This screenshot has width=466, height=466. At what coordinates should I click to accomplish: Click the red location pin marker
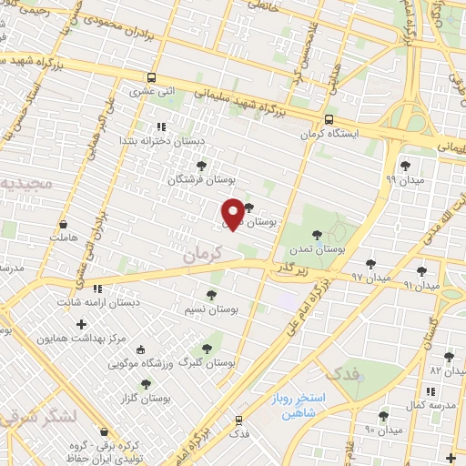coord(232,213)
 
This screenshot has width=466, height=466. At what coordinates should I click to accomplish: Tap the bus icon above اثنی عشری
coord(150,77)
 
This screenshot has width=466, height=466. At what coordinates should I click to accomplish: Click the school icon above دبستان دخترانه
coord(160,127)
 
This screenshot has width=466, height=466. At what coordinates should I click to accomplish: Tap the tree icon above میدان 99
coord(405,166)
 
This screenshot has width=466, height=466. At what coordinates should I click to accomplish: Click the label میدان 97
coord(371,276)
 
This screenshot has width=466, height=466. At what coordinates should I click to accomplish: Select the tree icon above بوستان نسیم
coord(211,295)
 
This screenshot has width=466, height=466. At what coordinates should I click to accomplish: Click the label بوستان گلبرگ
coord(208,362)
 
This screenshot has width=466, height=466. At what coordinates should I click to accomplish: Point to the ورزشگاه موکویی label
coord(140,364)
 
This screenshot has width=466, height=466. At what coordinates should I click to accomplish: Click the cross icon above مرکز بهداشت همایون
coord(82,324)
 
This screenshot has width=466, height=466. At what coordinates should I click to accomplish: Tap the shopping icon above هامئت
coord(64,224)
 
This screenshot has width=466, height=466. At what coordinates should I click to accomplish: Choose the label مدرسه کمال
coord(428,403)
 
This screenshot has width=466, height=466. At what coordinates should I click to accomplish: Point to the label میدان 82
coord(448,371)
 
